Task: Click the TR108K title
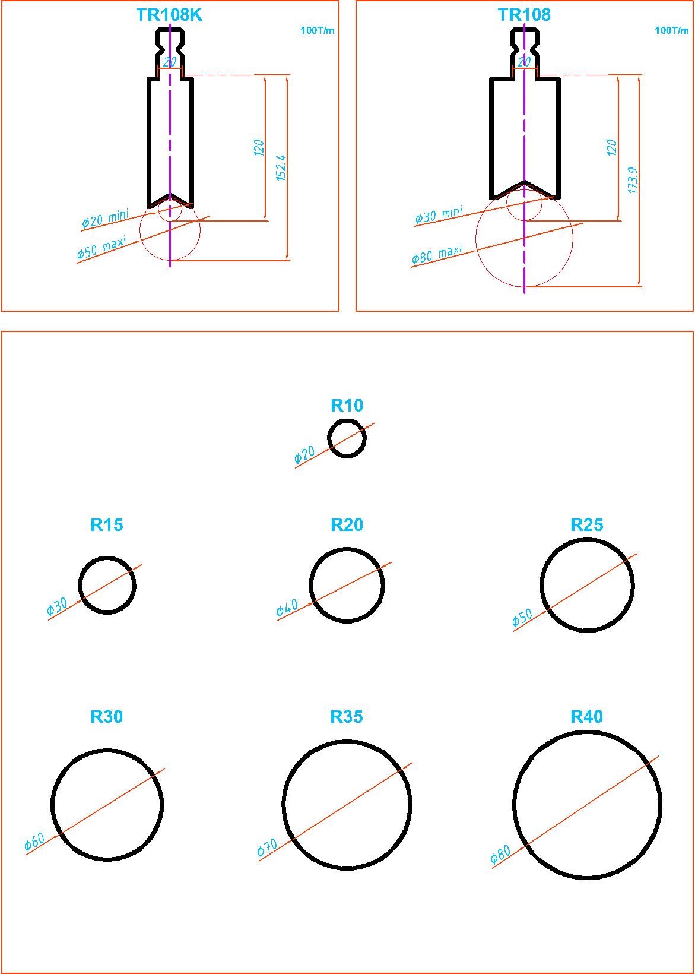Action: point(169,15)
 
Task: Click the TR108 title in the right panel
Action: point(523,15)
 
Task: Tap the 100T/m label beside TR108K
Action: point(318,30)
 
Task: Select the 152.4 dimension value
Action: point(281,167)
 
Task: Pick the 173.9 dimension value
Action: point(633,180)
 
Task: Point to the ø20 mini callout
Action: point(106,219)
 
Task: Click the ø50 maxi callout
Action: point(101,248)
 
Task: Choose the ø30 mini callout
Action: point(439,215)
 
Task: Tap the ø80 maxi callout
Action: point(437,255)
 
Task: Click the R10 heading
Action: point(347,406)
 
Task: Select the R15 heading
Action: point(106,525)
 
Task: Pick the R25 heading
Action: point(587,525)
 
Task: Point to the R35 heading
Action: point(347,717)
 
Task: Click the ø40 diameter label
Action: point(287,608)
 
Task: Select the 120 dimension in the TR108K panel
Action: point(259,148)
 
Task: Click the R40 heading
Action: point(587,717)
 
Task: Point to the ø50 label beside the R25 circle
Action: point(522,618)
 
